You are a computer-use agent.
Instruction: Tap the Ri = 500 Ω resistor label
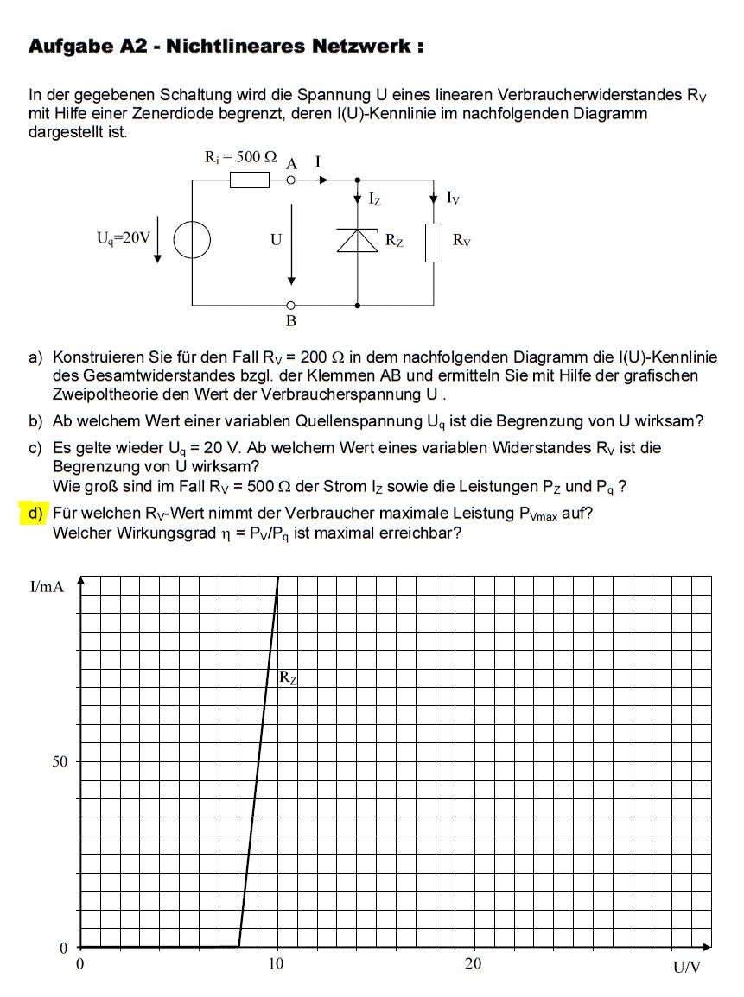tap(240, 157)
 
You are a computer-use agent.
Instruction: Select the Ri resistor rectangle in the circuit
tap(250, 180)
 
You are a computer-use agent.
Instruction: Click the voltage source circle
tap(192, 240)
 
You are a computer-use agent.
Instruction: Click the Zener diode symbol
tap(358, 239)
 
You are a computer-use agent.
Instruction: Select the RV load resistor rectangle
tap(434, 242)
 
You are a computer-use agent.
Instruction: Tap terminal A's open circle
tap(291, 180)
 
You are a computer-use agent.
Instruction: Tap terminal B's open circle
tap(291, 305)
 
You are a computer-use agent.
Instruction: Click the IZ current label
tap(375, 199)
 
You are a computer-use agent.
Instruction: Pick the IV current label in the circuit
tap(453, 199)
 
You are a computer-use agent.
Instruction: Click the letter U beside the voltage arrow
tap(277, 240)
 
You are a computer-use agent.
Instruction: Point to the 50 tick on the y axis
tap(60, 762)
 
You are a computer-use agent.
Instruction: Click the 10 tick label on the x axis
tap(275, 964)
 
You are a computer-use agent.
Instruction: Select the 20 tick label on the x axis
tap(473, 964)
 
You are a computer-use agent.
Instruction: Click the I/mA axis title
tap(48, 588)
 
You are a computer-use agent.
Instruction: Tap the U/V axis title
tap(687, 968)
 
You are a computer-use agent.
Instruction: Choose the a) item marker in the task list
tap(35, 357)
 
